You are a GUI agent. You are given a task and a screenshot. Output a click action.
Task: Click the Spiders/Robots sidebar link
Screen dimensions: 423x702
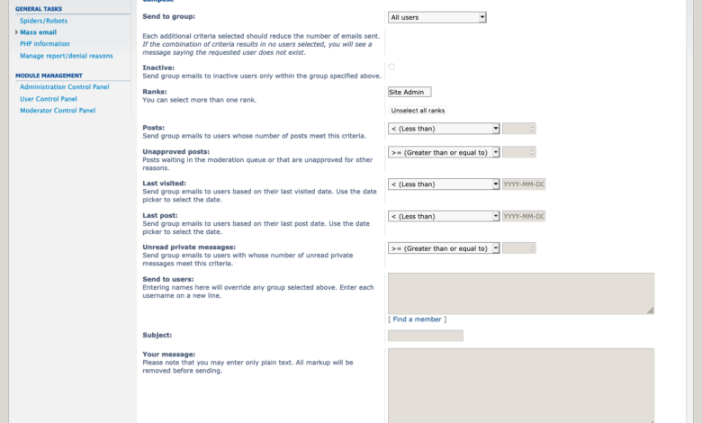coord(43,20)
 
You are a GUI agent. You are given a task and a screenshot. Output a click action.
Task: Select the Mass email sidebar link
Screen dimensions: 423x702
coord(38,31)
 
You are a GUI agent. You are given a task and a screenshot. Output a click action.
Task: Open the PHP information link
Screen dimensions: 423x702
coord(45,43)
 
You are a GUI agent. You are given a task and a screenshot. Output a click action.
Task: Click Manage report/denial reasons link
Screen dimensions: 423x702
coord(67,55)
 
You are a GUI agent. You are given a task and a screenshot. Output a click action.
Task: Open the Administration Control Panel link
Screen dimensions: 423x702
coord(65,86)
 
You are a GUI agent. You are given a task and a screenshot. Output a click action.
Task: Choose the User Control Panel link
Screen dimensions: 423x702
coord(49,98)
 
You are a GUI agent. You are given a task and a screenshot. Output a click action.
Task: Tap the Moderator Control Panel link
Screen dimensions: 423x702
coord(58,110)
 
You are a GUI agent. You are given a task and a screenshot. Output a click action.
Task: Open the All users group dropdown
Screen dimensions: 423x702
coord(437,17)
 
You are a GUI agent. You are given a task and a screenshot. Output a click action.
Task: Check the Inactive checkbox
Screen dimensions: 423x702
coord(391,67)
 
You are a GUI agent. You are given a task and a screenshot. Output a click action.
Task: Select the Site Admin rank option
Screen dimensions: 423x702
coord(409,92)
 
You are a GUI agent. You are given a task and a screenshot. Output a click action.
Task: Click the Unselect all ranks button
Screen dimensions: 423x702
coord(418,111)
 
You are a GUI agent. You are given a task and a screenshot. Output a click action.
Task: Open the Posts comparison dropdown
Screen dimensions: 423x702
coord(444,129)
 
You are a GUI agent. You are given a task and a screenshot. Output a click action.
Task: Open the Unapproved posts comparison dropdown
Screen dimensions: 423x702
coord(444,152)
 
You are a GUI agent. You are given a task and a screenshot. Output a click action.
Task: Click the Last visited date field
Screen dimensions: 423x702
coord(524,184)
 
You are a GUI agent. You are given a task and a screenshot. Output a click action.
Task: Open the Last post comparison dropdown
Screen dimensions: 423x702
coord(444,216)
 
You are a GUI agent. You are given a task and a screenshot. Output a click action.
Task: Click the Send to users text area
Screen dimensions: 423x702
coord(520,293)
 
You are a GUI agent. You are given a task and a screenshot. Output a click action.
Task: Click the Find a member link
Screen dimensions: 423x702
coord(417,319)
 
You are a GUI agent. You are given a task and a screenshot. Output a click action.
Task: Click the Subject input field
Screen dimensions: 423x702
coord(425,336)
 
